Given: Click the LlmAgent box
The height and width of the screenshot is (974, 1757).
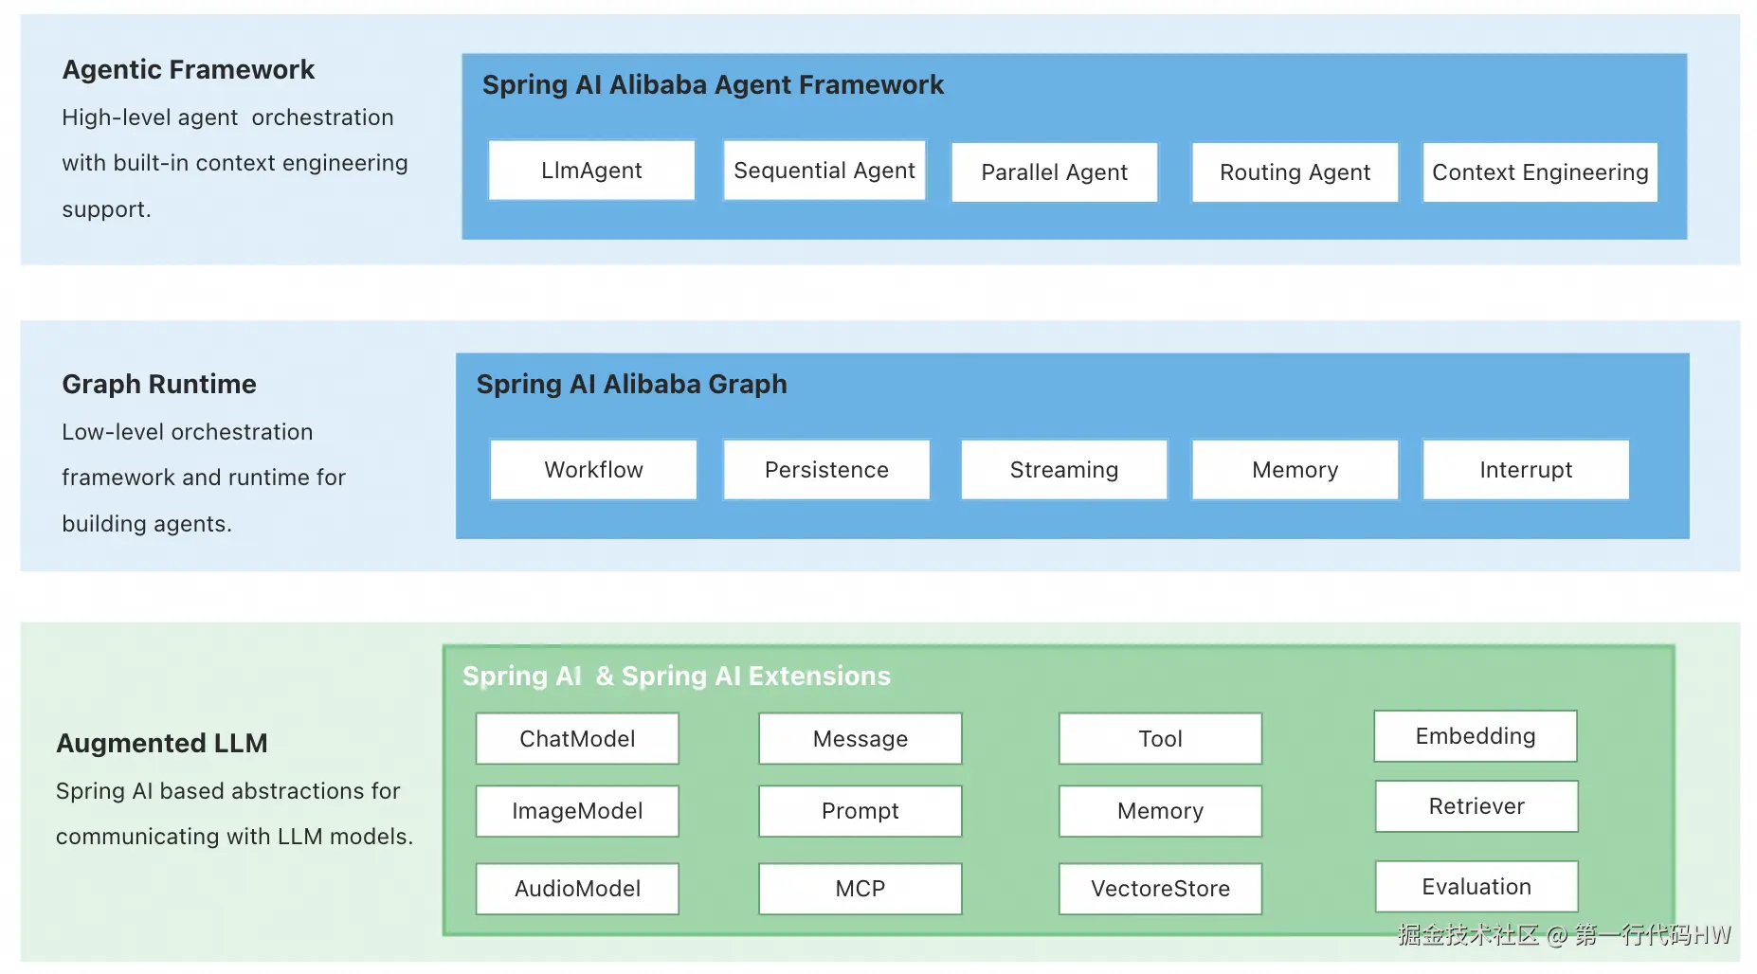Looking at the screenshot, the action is [x=591, y=171].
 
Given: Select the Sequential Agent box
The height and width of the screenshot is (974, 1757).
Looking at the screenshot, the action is [x=824, y=171].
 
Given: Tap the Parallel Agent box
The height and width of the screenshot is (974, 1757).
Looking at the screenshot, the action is [x=1055, y=172].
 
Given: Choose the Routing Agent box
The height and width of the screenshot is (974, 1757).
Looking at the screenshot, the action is [x=1295, y=172].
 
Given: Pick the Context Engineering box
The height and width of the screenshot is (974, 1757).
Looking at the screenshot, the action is [x=1540, y=172].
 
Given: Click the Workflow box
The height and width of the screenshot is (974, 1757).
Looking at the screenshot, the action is [x=593, y=470].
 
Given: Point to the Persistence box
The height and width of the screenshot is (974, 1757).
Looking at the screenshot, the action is [x=826, y=470].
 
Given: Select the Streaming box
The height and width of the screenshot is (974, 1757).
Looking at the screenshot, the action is [x=1064, y=470].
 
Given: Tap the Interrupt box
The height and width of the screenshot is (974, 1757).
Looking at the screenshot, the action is [x=1526, y=470].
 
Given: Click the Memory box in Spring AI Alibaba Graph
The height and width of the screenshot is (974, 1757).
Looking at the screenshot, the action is [x=1295, y=470].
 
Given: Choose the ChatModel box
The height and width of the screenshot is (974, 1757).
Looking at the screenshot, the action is [x=577, y=739].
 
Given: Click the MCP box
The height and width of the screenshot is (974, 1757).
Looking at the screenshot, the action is [x=860, y=889].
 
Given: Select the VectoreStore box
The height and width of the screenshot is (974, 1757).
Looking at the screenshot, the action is [x=1161, y=889].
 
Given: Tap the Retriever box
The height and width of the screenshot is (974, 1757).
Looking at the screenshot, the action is [x=1476, y=806].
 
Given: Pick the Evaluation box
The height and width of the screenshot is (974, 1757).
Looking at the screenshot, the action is [x=1476, y=887].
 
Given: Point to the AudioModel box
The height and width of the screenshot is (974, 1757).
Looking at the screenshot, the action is [x=577, y=889].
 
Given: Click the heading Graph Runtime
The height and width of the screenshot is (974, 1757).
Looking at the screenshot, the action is [x=159, y=384].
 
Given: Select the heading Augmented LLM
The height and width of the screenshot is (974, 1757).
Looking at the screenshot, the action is [x=162, y=743].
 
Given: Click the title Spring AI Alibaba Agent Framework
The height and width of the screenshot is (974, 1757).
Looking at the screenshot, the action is [x=713, y=85].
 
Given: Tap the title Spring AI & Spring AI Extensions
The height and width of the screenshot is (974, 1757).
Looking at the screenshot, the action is [x=677, y=676].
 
